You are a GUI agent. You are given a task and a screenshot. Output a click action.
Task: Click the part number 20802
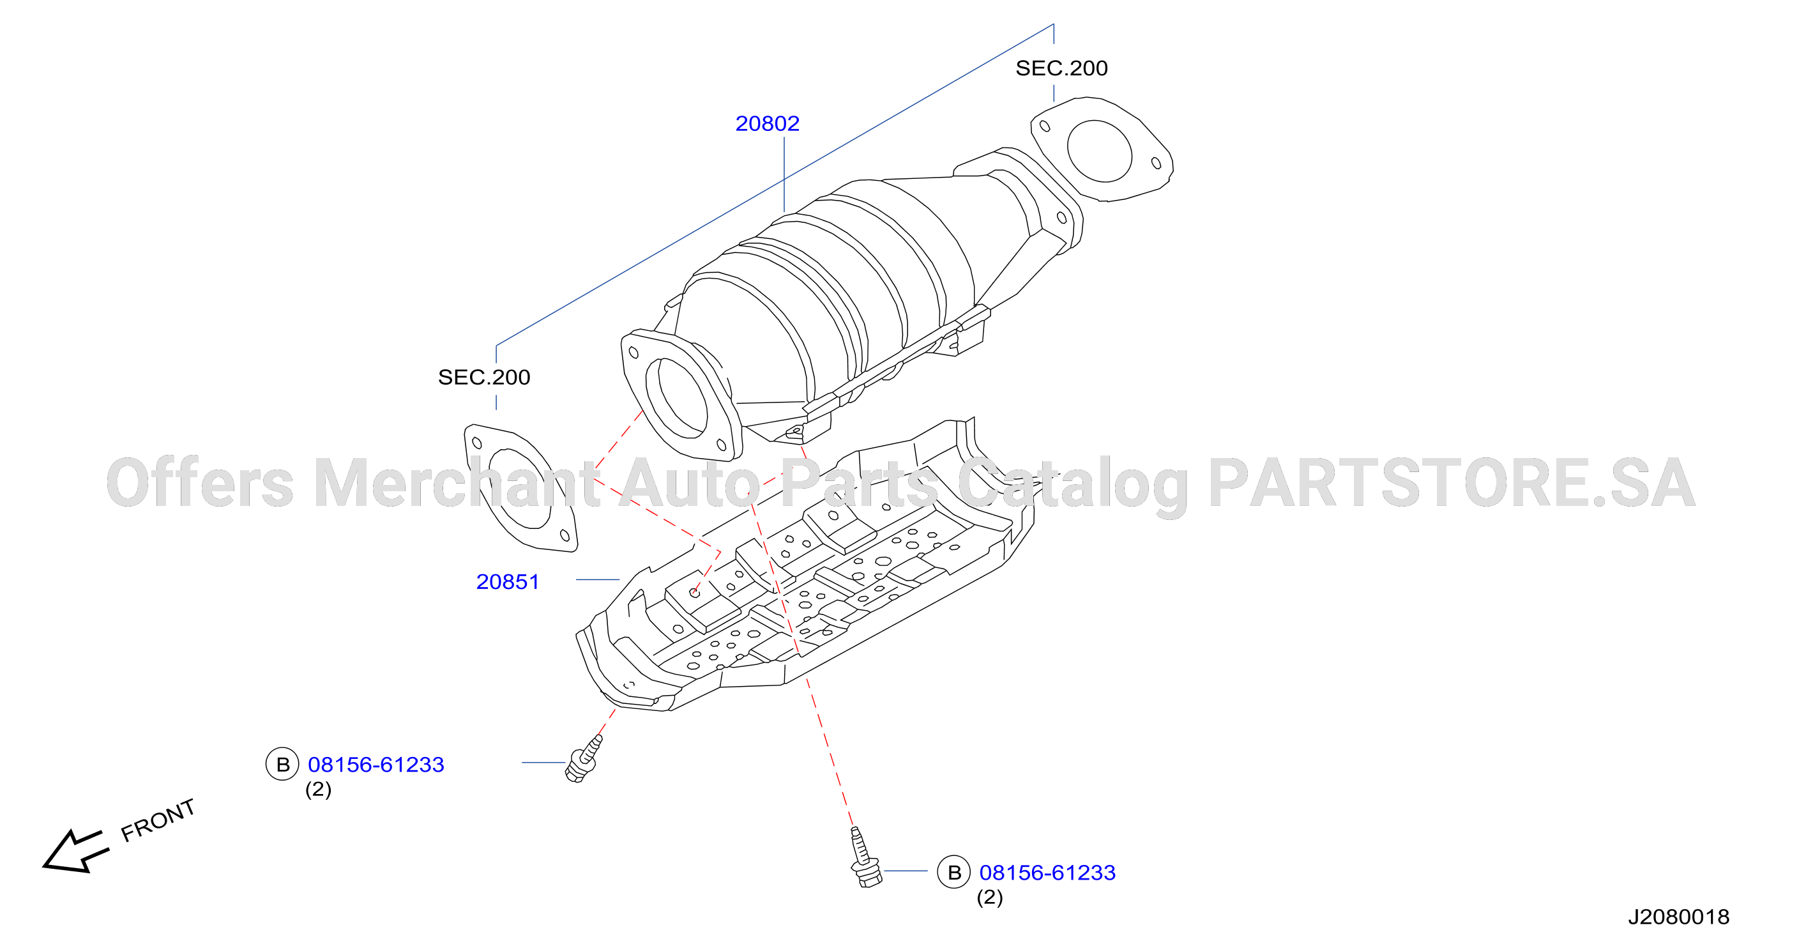(x=767, y=124)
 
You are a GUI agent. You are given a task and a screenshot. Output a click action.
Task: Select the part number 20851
(x=508, y=582)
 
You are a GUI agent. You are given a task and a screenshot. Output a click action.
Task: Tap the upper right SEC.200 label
(x=1061, y=68)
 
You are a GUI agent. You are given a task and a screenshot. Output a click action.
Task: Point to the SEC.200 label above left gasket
(x=484, y=378)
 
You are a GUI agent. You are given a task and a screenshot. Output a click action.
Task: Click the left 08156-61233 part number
(x=376, y=765)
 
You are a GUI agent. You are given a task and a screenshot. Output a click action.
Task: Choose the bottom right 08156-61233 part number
(x=1047, y=873)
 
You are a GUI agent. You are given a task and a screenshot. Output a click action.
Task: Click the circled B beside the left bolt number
(x=283, y=764)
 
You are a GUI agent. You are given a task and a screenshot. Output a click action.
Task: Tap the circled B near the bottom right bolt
(x=954, y=872)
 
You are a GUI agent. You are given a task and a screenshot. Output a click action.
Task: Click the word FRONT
(x=158, y=820)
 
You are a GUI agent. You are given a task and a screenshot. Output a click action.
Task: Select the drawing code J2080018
(x=1679, y=917)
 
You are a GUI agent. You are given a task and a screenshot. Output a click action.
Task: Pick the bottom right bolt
(x=865, y=858)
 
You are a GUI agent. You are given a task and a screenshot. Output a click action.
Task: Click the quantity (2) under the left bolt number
(x=319, y=790)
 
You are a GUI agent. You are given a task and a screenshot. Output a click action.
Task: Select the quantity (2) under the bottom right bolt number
(x=990, y=897)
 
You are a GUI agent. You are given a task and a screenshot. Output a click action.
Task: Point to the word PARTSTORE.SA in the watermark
(x=1452, y=484)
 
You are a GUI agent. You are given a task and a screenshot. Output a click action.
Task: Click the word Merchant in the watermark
(x=457, y=484)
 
